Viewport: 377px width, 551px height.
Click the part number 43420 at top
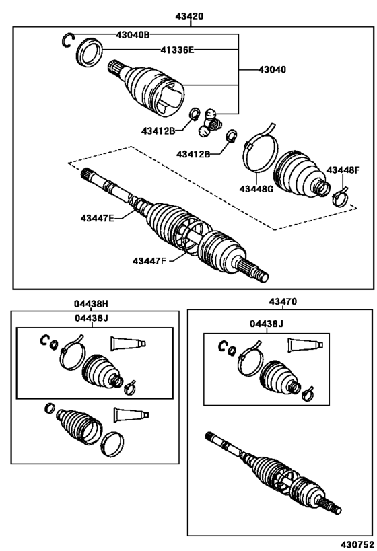190,16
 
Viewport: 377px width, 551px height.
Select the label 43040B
133,34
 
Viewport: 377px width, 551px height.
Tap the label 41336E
177,50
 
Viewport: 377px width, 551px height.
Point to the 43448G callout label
256,189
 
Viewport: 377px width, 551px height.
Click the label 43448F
343,170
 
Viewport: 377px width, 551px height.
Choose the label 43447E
98,218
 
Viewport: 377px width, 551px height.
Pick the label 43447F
149,261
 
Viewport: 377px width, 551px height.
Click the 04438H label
91,303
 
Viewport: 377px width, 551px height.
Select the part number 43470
283,301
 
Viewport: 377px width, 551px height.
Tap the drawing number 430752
357,544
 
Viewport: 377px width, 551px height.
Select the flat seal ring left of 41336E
90,52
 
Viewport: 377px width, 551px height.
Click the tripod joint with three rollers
209,122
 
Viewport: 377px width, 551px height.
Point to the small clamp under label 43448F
340,196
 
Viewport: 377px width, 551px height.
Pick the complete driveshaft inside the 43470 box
273,478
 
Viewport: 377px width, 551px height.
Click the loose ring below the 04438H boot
112,444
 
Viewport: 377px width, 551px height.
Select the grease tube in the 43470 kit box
305,344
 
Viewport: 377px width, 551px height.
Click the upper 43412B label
158,131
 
